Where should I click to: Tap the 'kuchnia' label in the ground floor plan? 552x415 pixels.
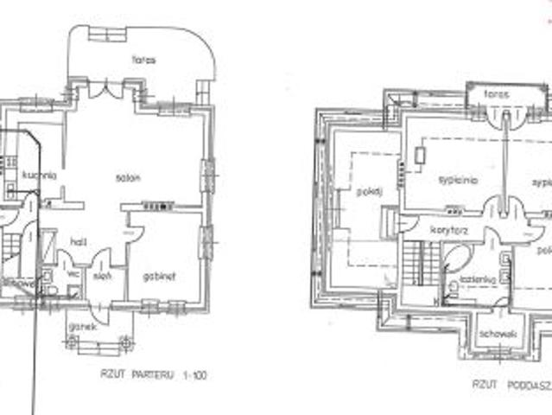click(40, 175)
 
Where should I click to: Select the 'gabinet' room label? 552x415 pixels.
click(162, 276)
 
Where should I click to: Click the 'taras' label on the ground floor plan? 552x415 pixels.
click(143, 61)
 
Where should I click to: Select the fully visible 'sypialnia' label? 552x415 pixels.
click(458, 180)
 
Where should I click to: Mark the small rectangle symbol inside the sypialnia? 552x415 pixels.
click(418, 156)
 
